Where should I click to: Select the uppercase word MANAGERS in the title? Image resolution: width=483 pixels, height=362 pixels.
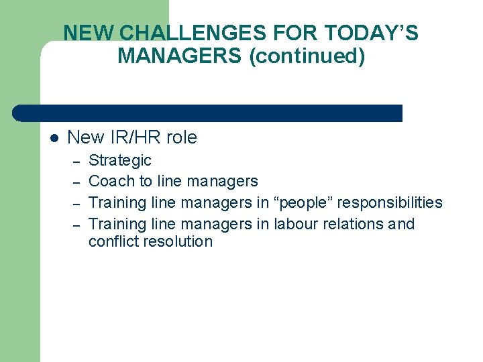[180, 56]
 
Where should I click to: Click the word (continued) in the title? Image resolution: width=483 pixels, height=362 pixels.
[307, 56]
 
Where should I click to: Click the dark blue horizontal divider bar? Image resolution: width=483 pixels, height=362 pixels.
[208, 113]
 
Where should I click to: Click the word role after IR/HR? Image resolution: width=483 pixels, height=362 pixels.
[181, 138]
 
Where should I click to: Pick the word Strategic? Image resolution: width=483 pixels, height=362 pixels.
[120, 161]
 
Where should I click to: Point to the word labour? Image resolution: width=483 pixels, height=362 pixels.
[298, 224]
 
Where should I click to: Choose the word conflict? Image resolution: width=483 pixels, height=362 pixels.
[112, 241]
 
